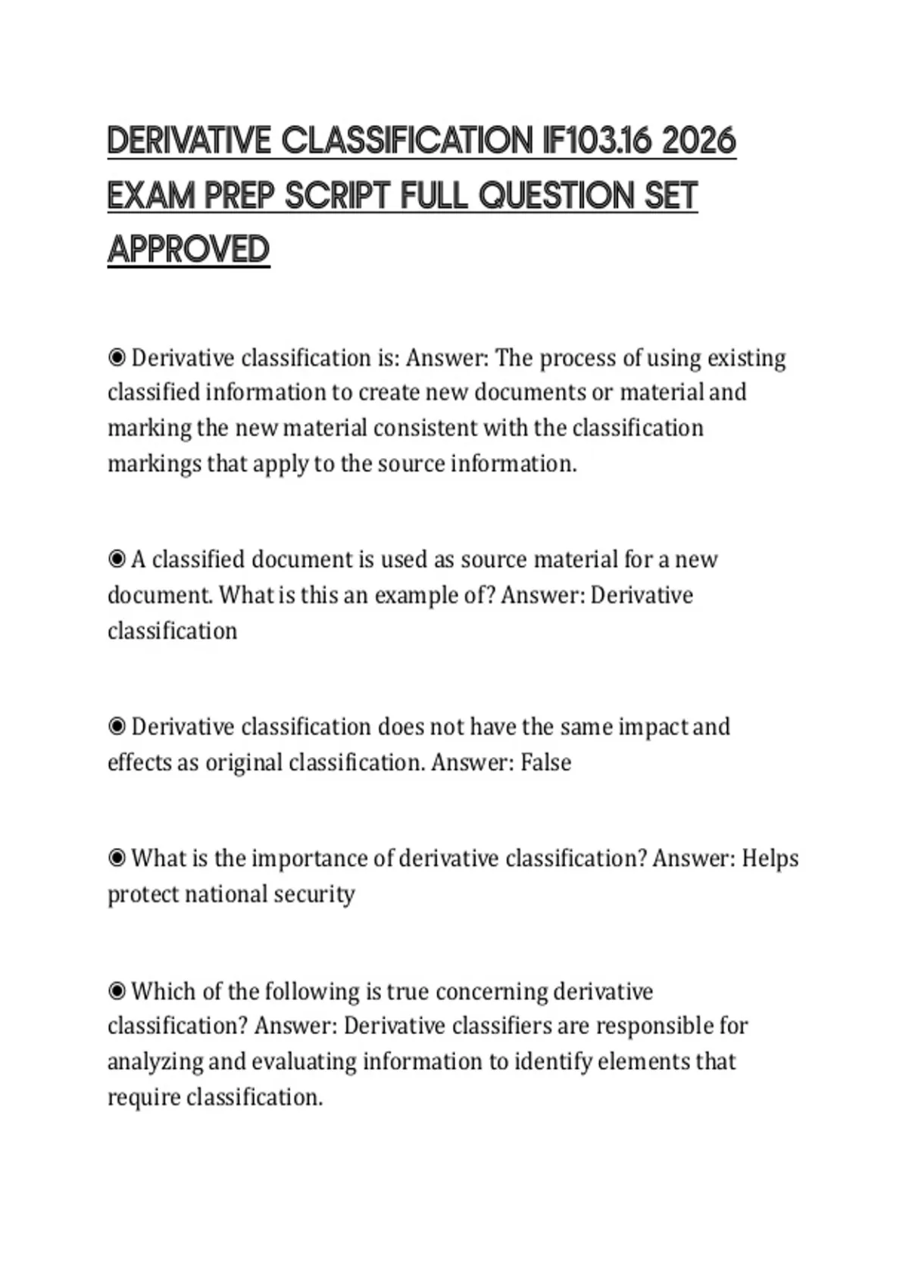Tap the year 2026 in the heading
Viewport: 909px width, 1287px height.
[x=698, y=142]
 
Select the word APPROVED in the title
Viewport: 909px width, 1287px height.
[x=189, y=250]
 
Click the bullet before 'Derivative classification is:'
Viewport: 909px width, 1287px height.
[x=117, y=357]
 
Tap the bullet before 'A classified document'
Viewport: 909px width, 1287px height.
[x=117, y=559]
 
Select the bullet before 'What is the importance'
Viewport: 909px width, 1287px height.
[x=117, y=858]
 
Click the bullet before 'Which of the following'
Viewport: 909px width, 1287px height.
[x=117, y=991]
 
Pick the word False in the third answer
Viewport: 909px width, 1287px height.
[x=545, y=762]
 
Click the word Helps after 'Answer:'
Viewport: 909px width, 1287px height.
[x=770, y=859]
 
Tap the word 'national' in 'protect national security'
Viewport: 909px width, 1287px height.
[x=226, y=894]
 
